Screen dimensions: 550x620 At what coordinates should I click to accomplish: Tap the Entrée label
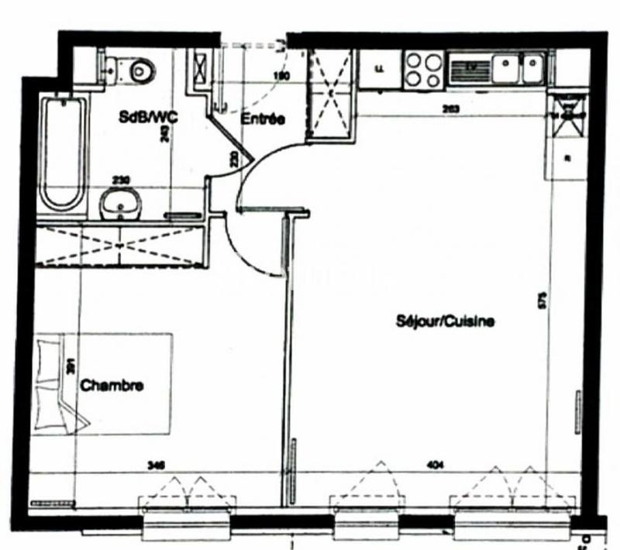tap(263, 119)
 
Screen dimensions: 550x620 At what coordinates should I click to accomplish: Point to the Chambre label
tap(112, 385)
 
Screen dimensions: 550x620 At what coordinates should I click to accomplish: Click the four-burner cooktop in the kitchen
tap(422, 68)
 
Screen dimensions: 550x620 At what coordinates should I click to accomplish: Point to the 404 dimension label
tap(435, 465)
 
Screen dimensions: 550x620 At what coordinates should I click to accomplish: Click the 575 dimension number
tap(542, 300)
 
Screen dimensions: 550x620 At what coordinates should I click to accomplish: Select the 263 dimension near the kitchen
tap(449, 109)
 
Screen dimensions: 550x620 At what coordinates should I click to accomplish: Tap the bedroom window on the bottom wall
tap(186, 515)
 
